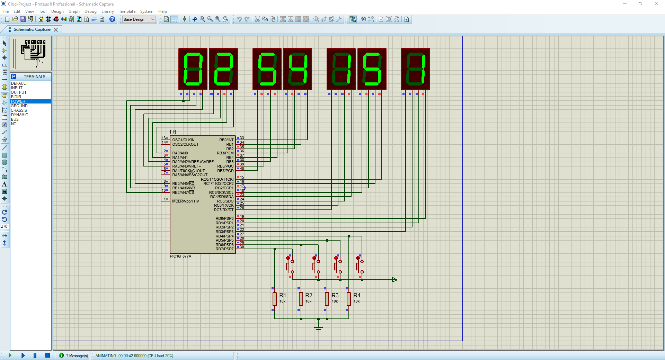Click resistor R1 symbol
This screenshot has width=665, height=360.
[x=275, y=299]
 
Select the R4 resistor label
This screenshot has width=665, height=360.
[x=357, y=295]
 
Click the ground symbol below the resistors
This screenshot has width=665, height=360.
[x=318, y=328]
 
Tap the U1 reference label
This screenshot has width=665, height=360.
[x=173, y=132]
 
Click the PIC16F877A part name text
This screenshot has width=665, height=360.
[x=180, y=256]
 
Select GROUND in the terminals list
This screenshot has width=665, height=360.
[x=19, y=106]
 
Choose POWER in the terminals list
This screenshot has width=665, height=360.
[x=18, y=101]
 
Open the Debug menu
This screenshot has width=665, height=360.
[x=90, y=11]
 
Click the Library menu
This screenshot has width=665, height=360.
[x=107, y=11]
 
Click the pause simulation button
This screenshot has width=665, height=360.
[x=35, y=355]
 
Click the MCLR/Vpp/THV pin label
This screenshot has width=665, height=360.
[x=186, y=201]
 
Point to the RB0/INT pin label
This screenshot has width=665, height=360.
[x=226, y=140]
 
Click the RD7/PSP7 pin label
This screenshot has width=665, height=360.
[x=224, y=249]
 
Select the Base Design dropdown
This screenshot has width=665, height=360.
[x=139, y=19]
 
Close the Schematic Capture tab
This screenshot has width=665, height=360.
[x=56, y=30]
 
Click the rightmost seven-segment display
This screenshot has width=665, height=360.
[x=415, y=69]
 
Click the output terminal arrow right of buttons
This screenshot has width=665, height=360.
[x=394, y=280]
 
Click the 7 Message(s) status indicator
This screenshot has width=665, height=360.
[x=74, y=355]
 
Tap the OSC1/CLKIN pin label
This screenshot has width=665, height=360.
[x=183, y=140]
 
